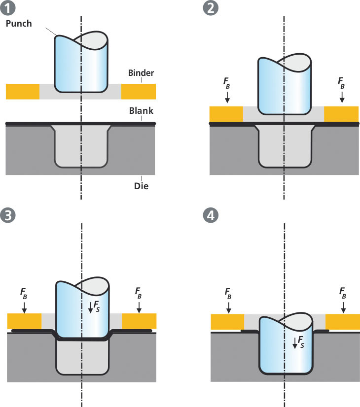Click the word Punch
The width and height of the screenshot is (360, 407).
pyautogui.click(x=20, y=23)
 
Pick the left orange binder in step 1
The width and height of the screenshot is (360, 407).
pyautogui.click(x=22, y=91)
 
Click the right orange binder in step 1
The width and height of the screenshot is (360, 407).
pyautogui.click(x=139, y=91)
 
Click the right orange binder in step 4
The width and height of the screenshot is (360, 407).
pyautogui.click(x=342, y=323)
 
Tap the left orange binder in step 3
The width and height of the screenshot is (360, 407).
pyautogui.click(x=24, y=321)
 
